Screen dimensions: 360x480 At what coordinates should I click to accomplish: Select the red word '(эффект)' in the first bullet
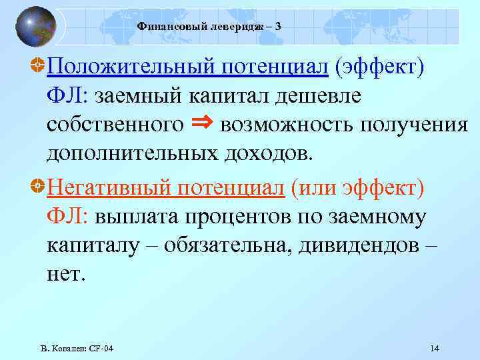click(379, 67)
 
